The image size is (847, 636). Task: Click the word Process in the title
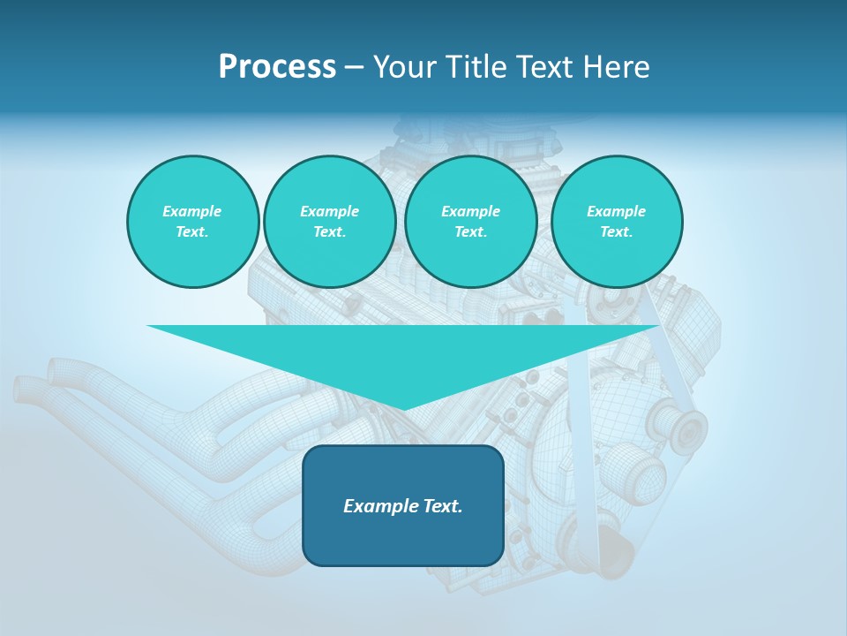[277, 67]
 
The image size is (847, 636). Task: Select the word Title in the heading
[478, 67]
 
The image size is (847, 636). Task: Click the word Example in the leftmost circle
[192, 211]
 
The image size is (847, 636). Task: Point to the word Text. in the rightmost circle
[617, 232]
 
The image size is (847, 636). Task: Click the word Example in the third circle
[471, 211]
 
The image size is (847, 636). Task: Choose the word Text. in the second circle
[330, 232]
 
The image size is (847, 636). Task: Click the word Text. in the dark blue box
[442, 506]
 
